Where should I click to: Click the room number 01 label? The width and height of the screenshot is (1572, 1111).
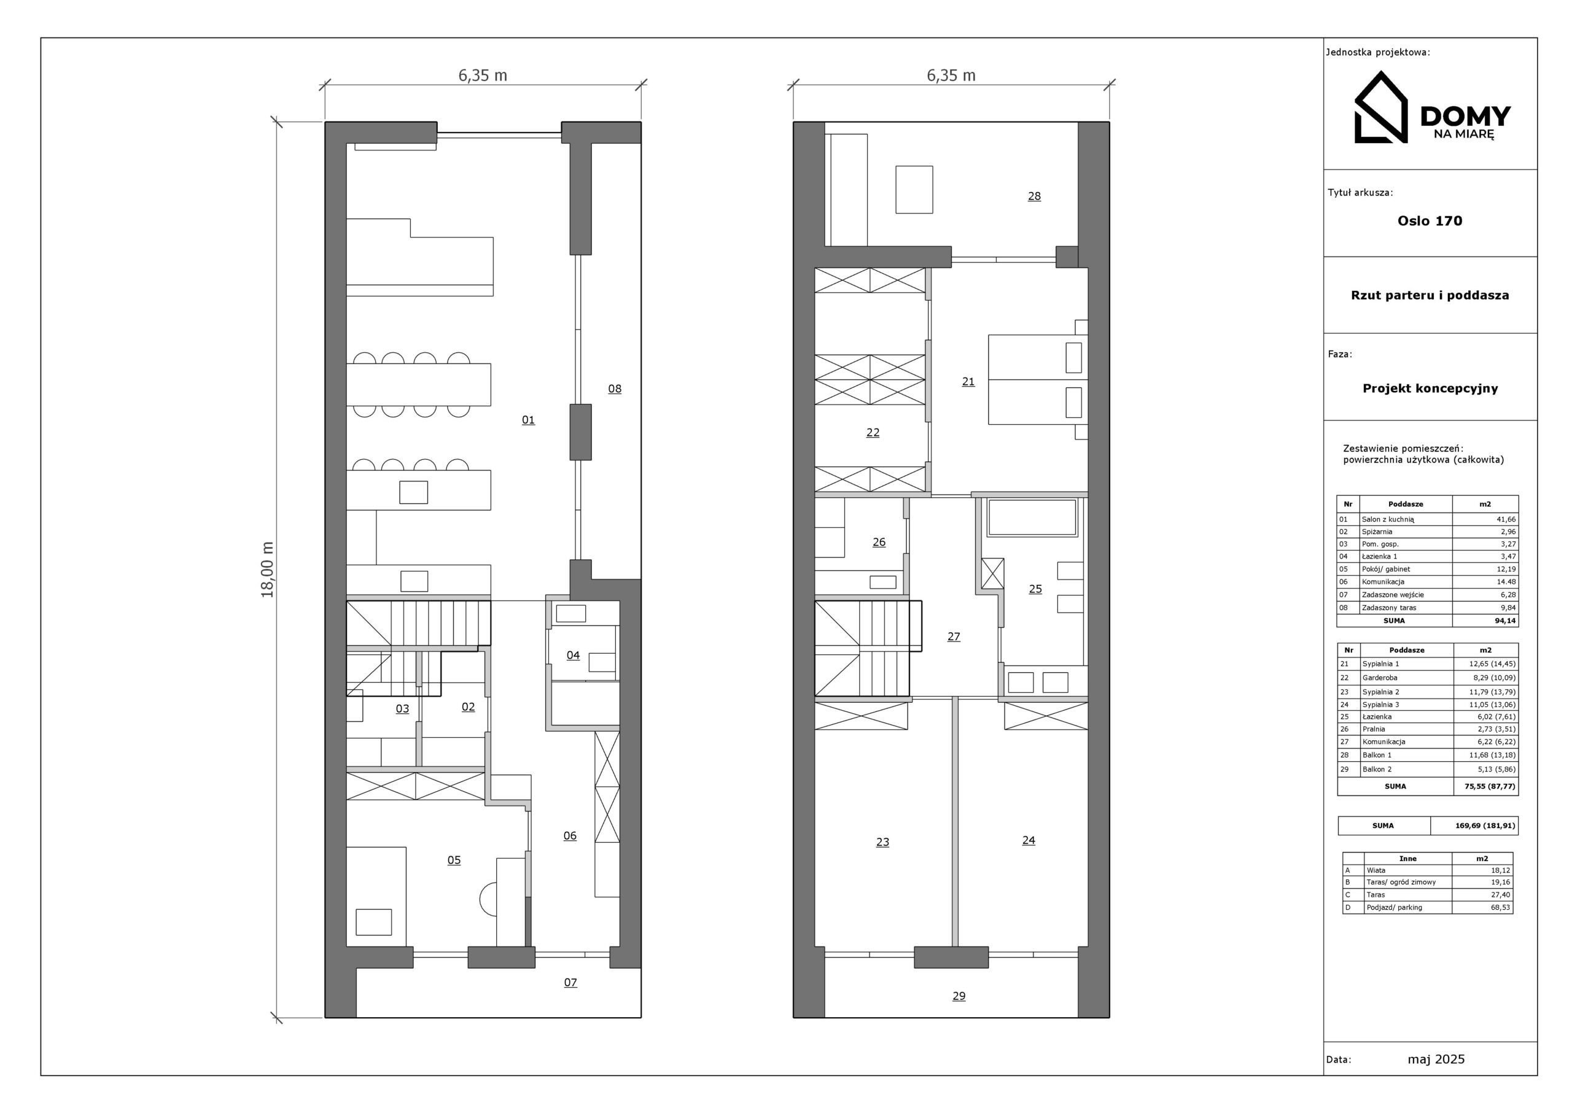click(x=528, y=420)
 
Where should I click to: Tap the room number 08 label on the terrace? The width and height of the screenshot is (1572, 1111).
click(x=615, y=389)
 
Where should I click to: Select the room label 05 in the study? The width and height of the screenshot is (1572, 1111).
click(x=454, y=861)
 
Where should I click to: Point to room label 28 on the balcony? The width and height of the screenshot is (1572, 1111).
click(x=1034, y=196)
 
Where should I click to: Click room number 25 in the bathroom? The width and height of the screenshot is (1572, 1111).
click(x=1035, y=589)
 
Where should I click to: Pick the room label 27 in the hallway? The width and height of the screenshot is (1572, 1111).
click(x=954, y=637)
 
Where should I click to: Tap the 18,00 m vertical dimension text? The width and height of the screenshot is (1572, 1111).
click(x=267, y=570)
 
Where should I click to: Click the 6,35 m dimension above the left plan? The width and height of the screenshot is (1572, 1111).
click(x=483, y=75)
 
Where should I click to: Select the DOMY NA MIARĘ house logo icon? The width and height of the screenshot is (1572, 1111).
click(x=1381, y=107)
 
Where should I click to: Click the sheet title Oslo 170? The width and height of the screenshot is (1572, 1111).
click(x=1430, y=221)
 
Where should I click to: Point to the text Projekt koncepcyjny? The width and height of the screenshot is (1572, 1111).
click(x=1430, y=389)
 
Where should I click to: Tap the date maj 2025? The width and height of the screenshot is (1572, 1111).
click(x=1436, y=1059)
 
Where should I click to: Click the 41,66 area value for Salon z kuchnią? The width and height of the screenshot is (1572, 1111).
click(x=1506, y=519)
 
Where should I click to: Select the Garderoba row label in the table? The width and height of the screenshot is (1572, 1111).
click(x=1380, y=678)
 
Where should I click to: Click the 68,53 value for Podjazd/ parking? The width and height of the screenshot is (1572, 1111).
click(x=1500, y=908)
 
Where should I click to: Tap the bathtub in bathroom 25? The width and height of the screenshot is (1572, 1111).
click(x=1032, y=517)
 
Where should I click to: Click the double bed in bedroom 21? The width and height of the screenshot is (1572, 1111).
click(x=1038, y=379)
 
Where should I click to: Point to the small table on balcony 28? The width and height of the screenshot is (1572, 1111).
click(x=914, y=190)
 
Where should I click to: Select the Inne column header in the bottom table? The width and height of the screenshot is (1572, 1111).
click(x=1407, y=858)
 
